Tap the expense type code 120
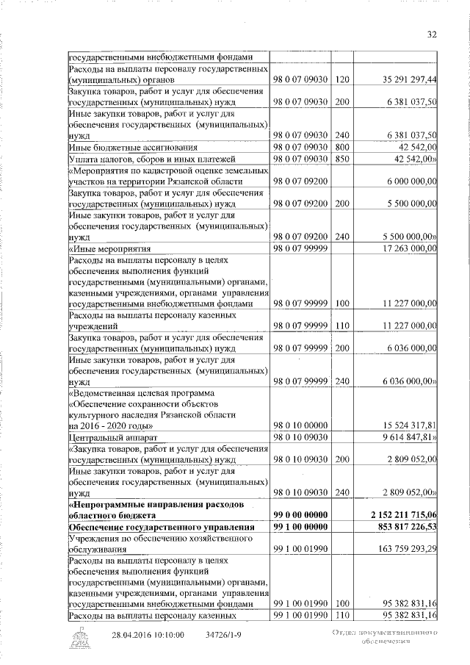tap(341, 79)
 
